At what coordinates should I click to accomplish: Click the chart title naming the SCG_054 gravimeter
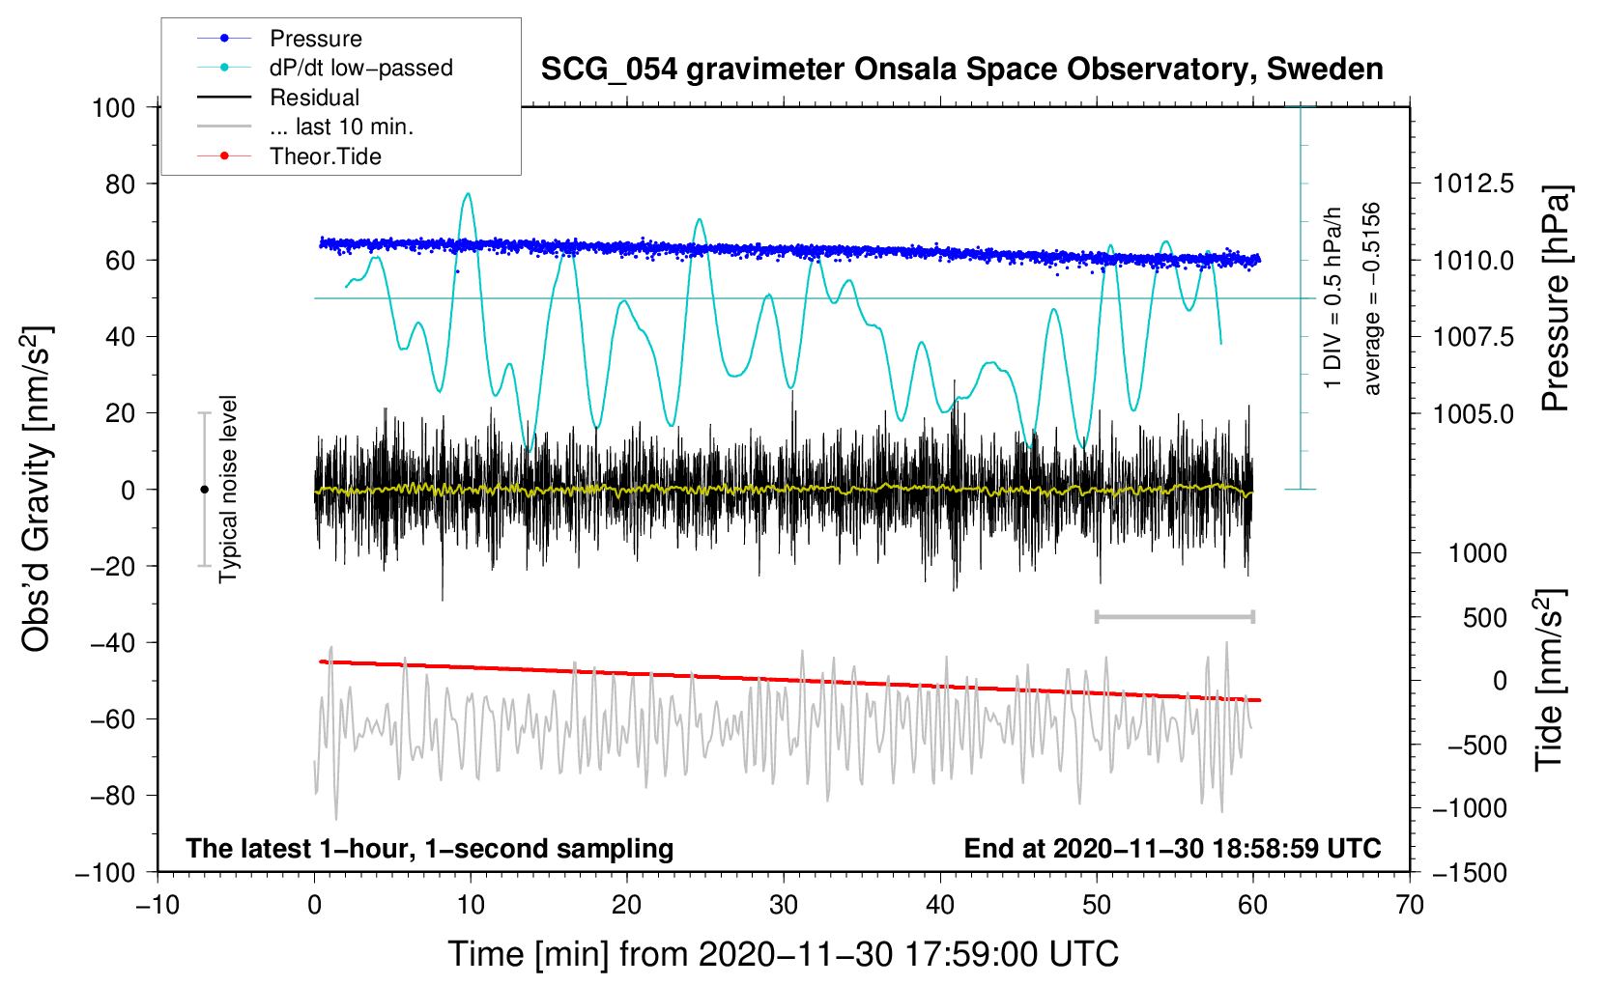(x=961, y=70)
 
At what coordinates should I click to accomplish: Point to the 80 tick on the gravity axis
(x=120, y=184)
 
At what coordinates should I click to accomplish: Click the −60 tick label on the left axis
(x=112, y=718)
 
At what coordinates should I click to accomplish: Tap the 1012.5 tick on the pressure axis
(x=1473, y=184)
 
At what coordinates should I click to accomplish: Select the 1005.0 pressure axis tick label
(x=1473, y=413)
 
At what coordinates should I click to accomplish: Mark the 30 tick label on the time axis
(x=784, y=905)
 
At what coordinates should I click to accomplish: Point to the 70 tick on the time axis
(x=1409, y=905)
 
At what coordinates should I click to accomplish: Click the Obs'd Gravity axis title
(x=37, y=489)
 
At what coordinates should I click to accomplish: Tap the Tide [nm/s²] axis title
(x=1550, y=680)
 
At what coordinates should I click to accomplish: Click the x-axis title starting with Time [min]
(x=783, y=954)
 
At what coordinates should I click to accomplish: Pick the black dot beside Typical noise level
(x=204, y=490)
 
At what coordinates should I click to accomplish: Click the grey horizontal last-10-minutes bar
(x=1174, y=616)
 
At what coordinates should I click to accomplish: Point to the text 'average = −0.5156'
(x=1370, y=298)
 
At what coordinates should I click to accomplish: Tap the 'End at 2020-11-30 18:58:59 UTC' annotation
(x=1172, y=848)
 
